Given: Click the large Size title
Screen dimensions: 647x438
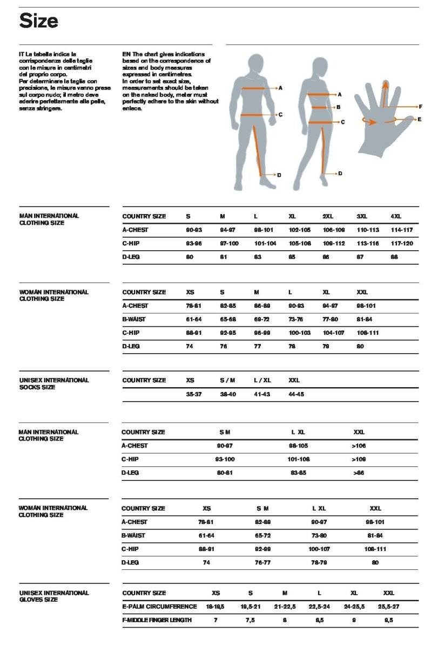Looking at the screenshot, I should (38, 22).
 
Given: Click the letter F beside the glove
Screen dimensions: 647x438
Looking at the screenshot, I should (420, 107).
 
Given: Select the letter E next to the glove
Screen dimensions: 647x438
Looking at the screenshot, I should (419, 119).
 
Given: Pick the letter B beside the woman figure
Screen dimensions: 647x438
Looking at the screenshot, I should (338, 107).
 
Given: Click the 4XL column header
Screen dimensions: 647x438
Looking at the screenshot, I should (396, 216).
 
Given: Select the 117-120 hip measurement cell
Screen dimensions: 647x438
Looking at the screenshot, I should (401, 244).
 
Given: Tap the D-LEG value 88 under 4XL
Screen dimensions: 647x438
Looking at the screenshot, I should (394, 257).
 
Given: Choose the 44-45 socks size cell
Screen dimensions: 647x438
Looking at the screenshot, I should (297, 394).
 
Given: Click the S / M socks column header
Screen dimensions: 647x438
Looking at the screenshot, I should (227, 380).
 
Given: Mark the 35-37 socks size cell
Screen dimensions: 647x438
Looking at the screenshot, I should (193, 394).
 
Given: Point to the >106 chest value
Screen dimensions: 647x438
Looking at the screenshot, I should (359, 446).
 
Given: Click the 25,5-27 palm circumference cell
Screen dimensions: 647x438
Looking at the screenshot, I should (388, 607).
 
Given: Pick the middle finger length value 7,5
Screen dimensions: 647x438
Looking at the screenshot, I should (251, 620).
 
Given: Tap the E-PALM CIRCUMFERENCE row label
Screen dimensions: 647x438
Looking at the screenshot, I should (159, 607).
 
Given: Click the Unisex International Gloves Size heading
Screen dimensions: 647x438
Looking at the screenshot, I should (54, 596).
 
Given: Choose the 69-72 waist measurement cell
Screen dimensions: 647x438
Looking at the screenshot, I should (262, 319).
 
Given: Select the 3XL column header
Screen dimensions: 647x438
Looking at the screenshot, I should (362, 216).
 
